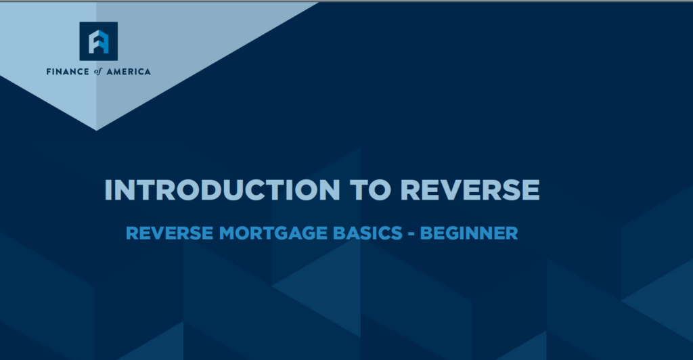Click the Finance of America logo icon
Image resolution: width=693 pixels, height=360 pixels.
(x=99, y=41)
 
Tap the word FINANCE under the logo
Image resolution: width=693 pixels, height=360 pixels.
(x=68, y=72)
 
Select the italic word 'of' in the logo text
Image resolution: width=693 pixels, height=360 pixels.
(x=97, y=72)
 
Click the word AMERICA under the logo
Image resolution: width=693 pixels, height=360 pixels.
(x=129, y=72)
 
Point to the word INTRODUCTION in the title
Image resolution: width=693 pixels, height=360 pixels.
(x=222, y=190)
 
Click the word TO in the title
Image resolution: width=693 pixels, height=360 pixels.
(x=370, y=190)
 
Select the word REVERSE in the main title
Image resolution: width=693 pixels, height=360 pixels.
(x=470, y=190)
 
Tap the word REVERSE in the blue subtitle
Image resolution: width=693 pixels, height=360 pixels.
(x=170, y=233)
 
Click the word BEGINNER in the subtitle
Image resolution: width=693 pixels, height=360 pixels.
(x=469, y=233)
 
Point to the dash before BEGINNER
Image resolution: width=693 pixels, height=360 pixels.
(x=411, y=233)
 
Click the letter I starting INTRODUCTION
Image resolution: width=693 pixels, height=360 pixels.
(x=108, y=190)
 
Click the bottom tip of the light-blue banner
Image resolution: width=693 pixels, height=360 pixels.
(x=96, y=131)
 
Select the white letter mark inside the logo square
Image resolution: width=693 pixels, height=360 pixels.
(x=99, y=41)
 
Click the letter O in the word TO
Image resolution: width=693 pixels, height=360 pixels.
(x=379, y=190)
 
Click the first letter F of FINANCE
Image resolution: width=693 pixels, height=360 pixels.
(x=49, y=72)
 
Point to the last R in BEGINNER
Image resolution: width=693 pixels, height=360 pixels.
(x=512, y=233)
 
